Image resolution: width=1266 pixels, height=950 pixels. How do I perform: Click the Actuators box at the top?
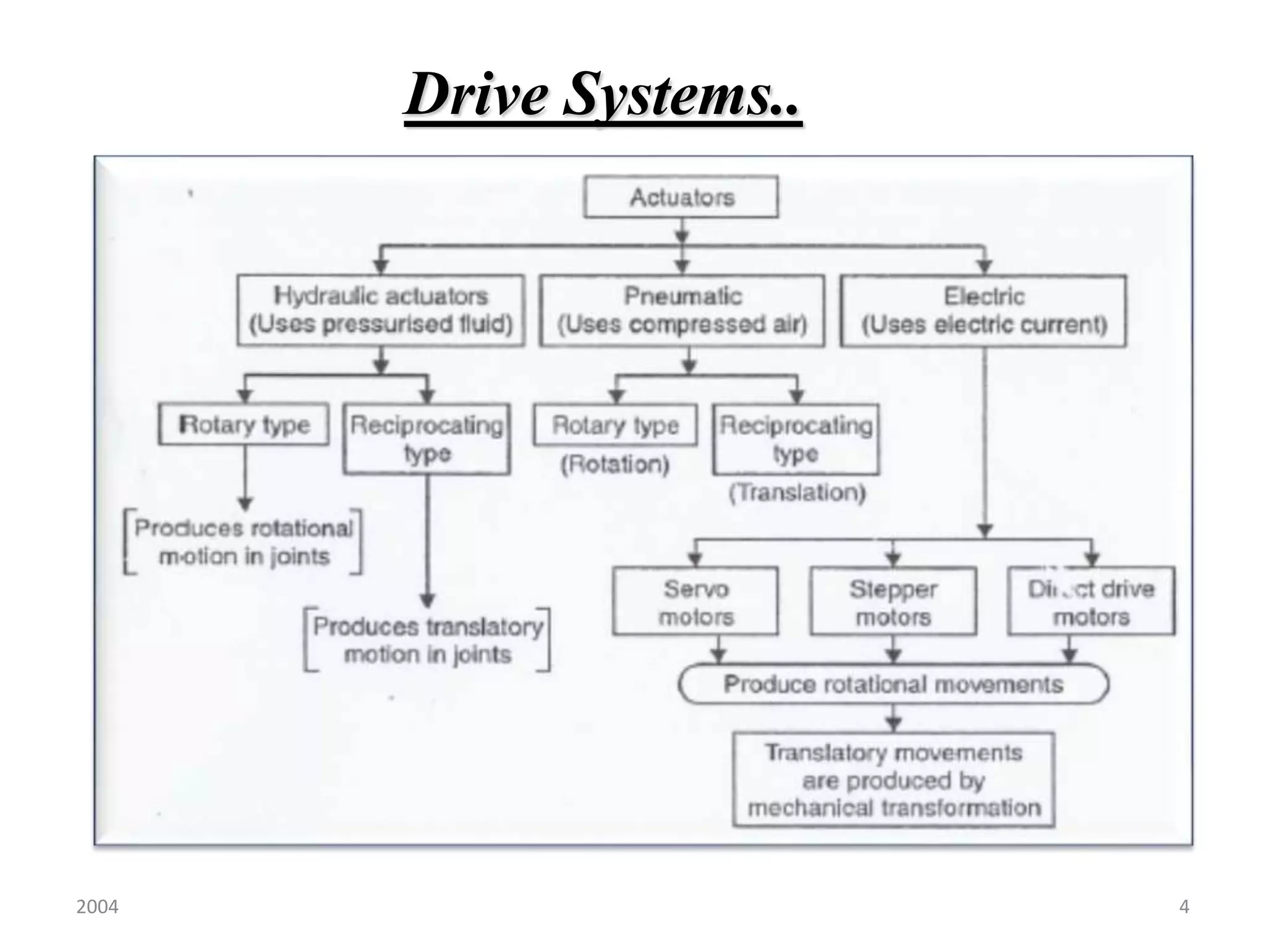[x=681, y=197]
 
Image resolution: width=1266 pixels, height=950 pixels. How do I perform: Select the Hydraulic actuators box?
[x=381, y=310]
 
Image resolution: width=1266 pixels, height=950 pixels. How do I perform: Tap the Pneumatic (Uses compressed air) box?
[x=682, y=310]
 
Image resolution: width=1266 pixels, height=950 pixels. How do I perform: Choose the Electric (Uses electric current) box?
[x=983, y=310]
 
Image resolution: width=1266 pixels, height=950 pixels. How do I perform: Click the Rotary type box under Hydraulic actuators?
[x=244, y=424]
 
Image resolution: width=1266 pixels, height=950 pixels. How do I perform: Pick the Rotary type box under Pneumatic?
[x=615, y=425]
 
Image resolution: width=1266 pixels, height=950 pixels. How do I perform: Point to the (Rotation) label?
[x=615, y=464]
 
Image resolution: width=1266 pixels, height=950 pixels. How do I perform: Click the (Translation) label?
[x=797, y=492]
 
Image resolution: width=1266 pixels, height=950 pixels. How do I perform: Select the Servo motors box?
[x=695, y=601]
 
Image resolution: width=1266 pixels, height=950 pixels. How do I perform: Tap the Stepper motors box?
[x=893, y=601]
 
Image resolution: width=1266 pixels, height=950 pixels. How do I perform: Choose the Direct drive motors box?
[x=1091, y=601]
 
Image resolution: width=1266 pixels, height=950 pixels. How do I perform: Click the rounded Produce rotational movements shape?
[x=893, y=684]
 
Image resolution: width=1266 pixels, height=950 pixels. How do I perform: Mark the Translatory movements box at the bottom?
[x=893, y=780]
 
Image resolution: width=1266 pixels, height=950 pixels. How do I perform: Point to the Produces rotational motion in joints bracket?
[x=244, y=542]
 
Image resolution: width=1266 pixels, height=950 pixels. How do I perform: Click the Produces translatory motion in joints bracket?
[x=427, y=640]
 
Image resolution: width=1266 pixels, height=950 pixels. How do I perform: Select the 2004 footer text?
[x=97, y=907]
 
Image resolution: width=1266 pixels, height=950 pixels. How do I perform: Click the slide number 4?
[x=1184, y=907]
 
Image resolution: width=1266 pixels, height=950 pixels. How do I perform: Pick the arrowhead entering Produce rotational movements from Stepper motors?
[x=893, y=656]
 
